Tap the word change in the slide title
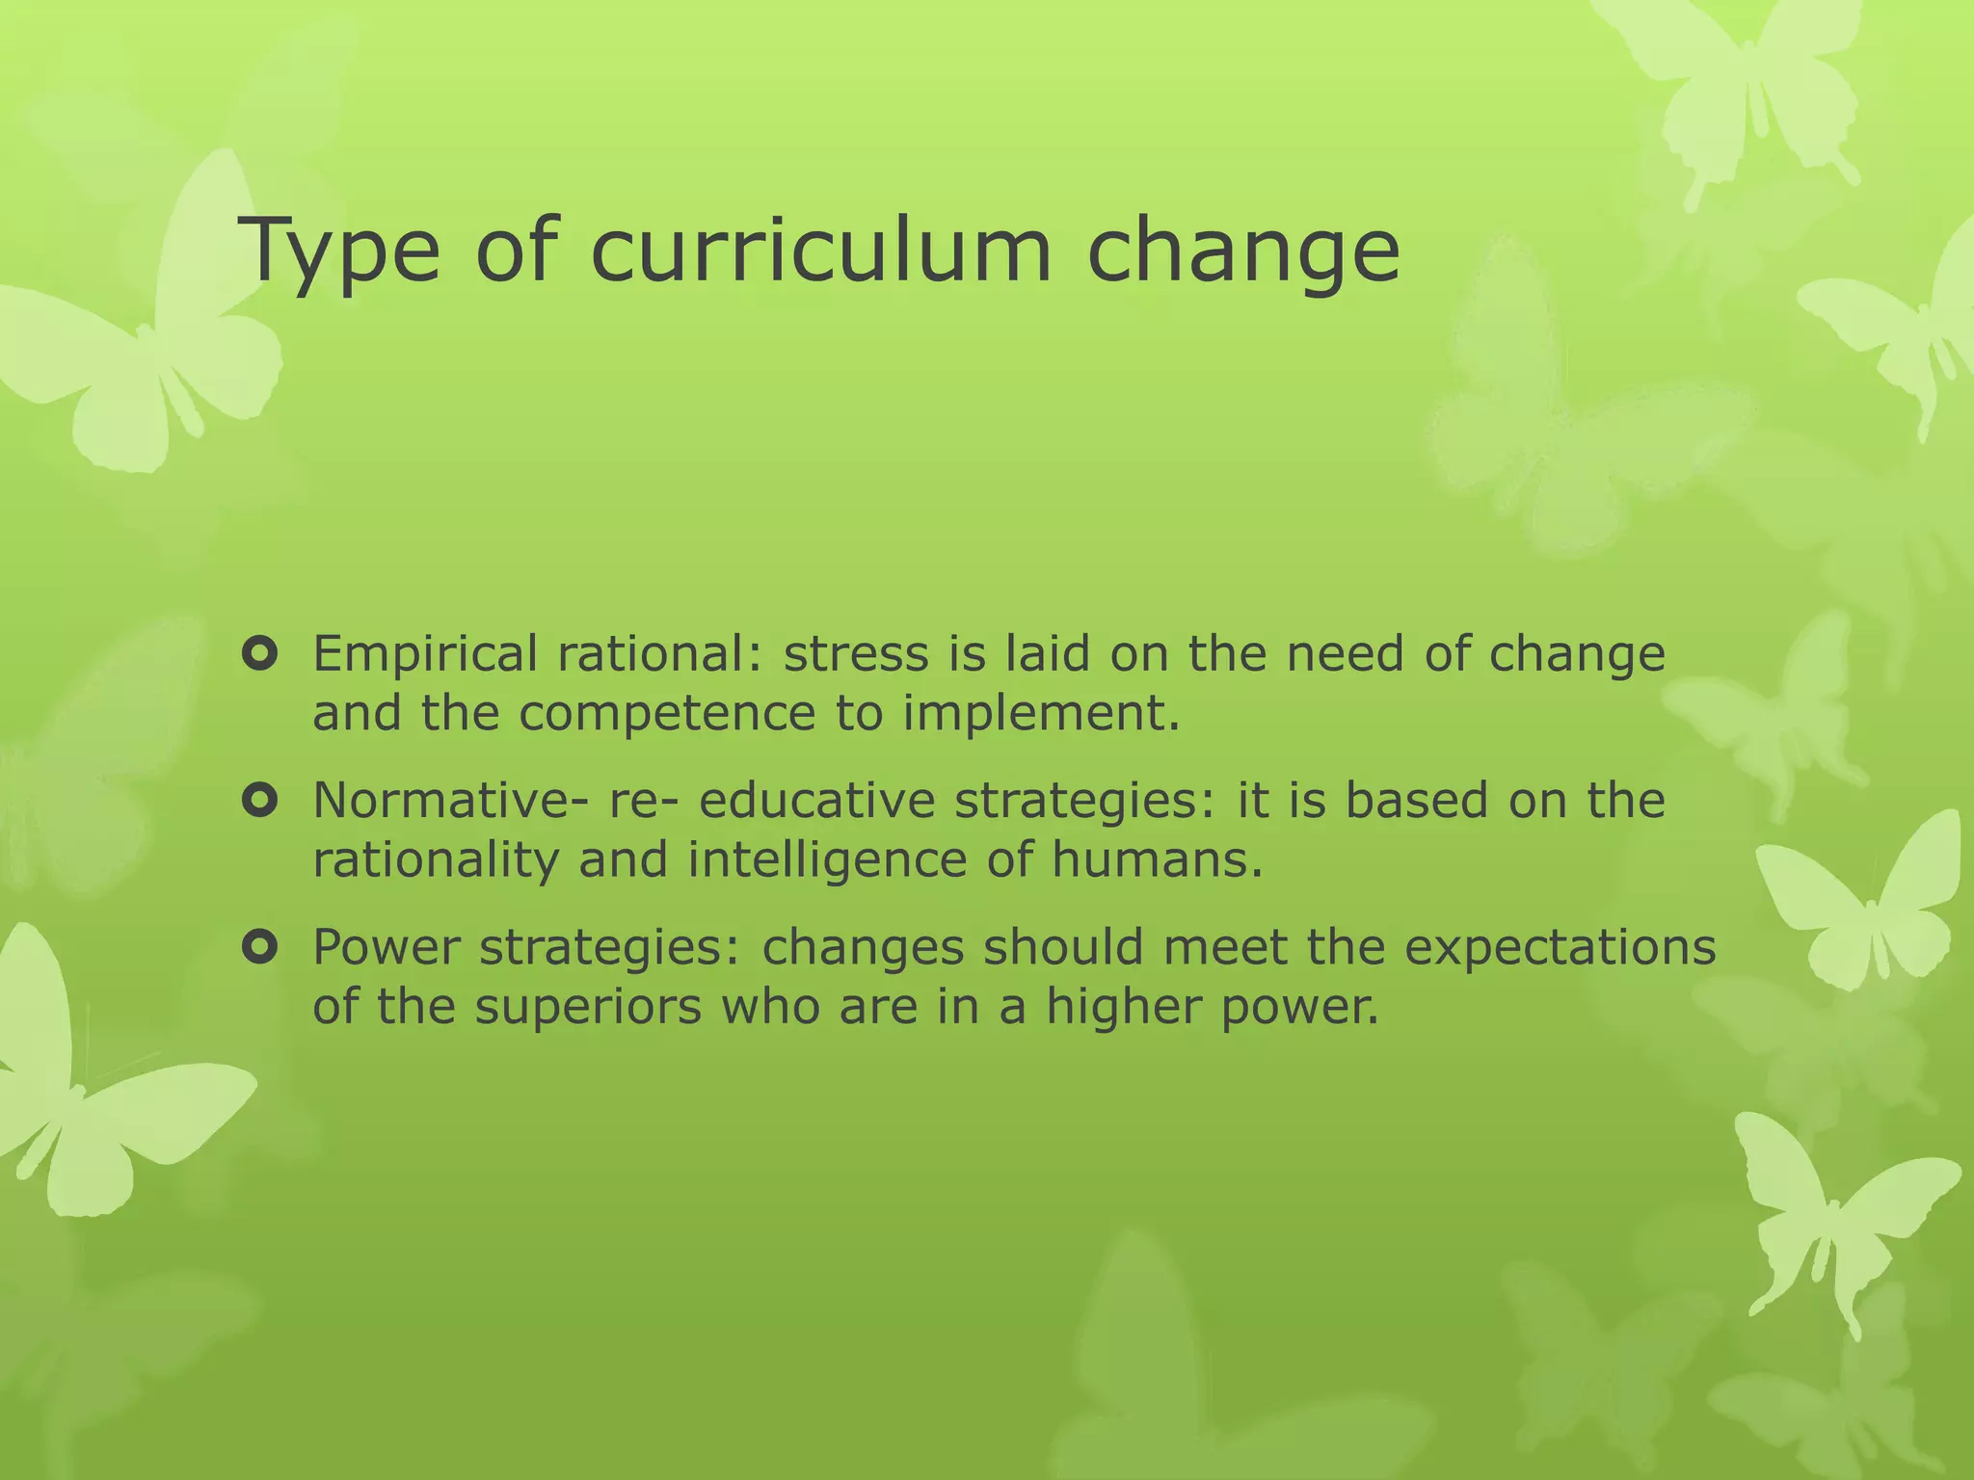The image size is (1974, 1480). click(1243, 252)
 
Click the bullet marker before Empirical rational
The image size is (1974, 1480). click(260, 654)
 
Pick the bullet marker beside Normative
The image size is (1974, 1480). click(260, 801)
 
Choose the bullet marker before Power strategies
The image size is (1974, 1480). click(260, 948)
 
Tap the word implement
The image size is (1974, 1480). click(1041, 714)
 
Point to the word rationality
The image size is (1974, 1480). click(436, 860)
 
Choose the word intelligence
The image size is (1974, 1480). click(826, 860)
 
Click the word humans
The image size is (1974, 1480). click(1155, 860)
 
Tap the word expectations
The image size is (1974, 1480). click(1560, 948)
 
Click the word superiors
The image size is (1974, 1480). click(587, 1008)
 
